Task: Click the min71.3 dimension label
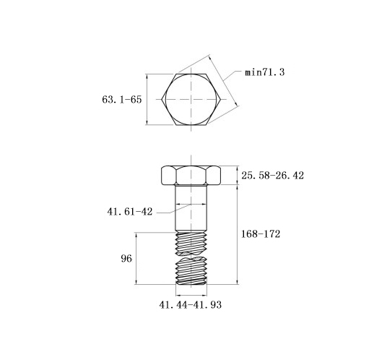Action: pyautogui.click(x=265, y=72)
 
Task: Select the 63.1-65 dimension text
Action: pyautogui.click(x=122, y=100)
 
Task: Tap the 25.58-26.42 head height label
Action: pyautogui.click(x=272, y=176)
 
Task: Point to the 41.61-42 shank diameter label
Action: pyautogui.click(x=130, y=212)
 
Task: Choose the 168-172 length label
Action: pyautogui.click(x=261, y=234)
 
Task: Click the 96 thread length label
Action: pyautogui.click(x=126, y=259)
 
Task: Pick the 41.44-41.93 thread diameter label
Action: pyautogui.click(x=190, y=305)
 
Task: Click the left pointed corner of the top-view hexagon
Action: pyautogui.click(x=162, y=99)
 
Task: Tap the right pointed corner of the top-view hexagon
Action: pyautogui.click(x=220, y=99)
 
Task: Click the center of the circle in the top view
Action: pyautogui.click(x=191, y=99)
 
